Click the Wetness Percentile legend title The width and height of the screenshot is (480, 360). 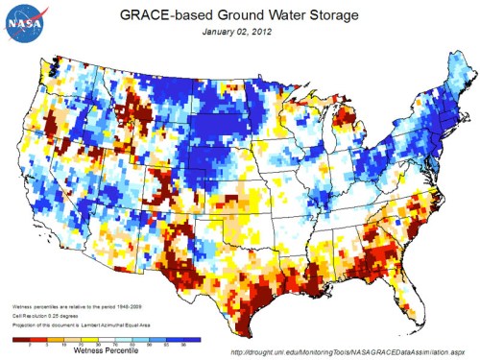pyautogui.click(x=102, y=351)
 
